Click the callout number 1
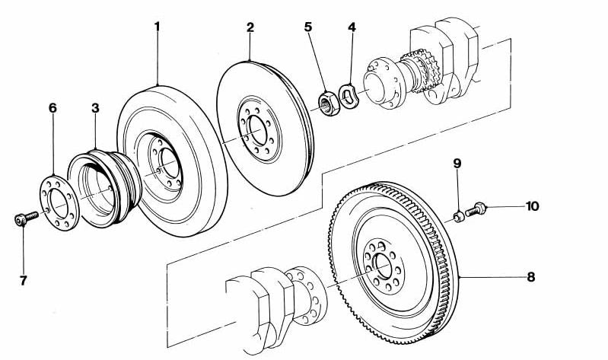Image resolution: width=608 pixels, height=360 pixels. (157, 27)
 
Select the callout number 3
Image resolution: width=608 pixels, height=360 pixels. (95, 108)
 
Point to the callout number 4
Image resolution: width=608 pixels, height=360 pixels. (352, 27)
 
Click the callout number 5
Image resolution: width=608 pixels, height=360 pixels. (307, 27)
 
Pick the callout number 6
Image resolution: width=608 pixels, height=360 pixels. (53, 108)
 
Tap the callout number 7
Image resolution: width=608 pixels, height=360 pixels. (23, 281)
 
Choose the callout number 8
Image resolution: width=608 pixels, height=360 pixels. (530, 277)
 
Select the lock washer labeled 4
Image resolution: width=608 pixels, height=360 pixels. (349, 97)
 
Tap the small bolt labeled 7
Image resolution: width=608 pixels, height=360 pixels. (24, 219)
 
